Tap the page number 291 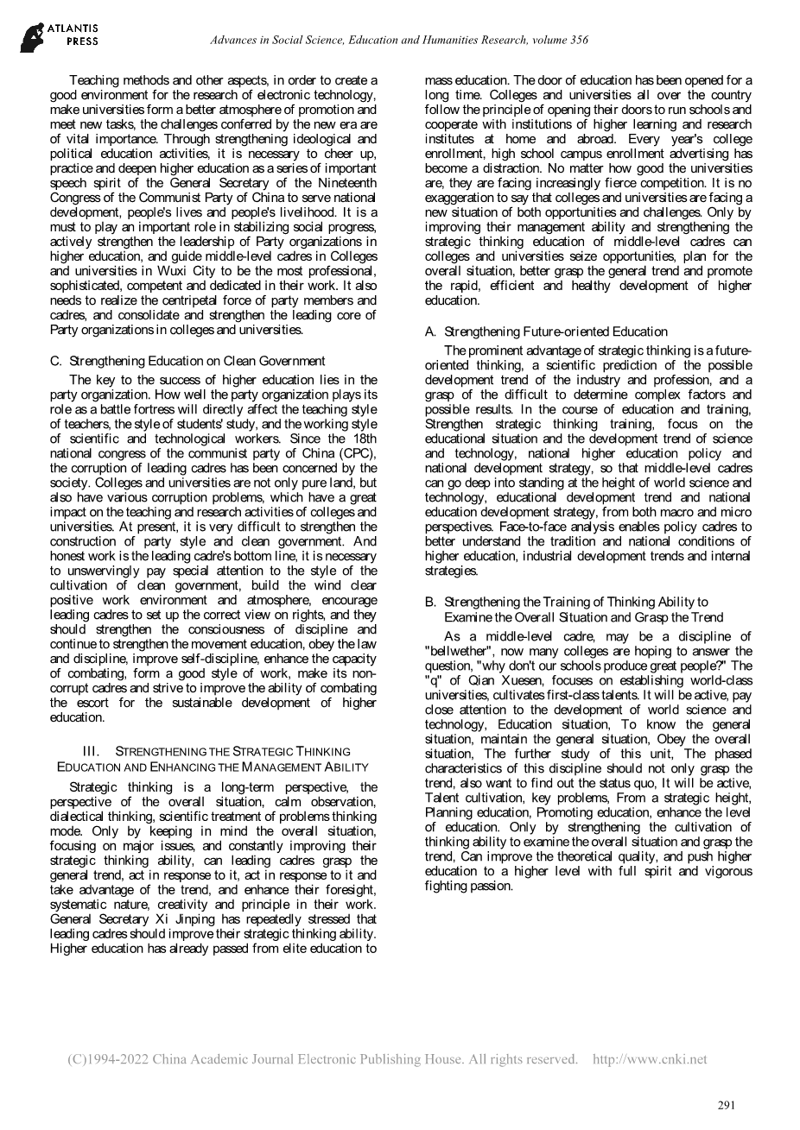point(727,1105)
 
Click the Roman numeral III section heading point(213,759)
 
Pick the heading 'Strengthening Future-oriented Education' point(556,331)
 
